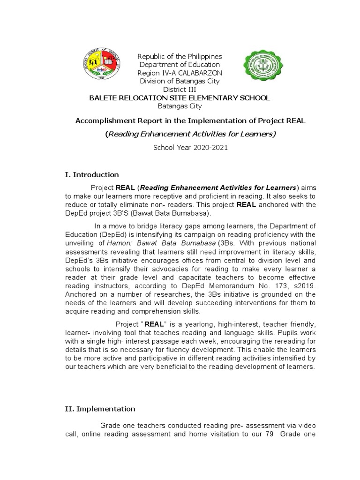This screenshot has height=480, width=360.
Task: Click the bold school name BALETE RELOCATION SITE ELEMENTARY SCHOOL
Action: (x=180, y=97)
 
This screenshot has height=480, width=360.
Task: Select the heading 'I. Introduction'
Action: (x=91, y=174)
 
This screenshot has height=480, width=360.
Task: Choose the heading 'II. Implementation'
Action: (x=99, y=409)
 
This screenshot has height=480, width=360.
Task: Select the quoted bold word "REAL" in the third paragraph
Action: (x=153, y=323)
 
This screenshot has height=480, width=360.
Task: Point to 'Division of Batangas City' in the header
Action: (x=180, y=81)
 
